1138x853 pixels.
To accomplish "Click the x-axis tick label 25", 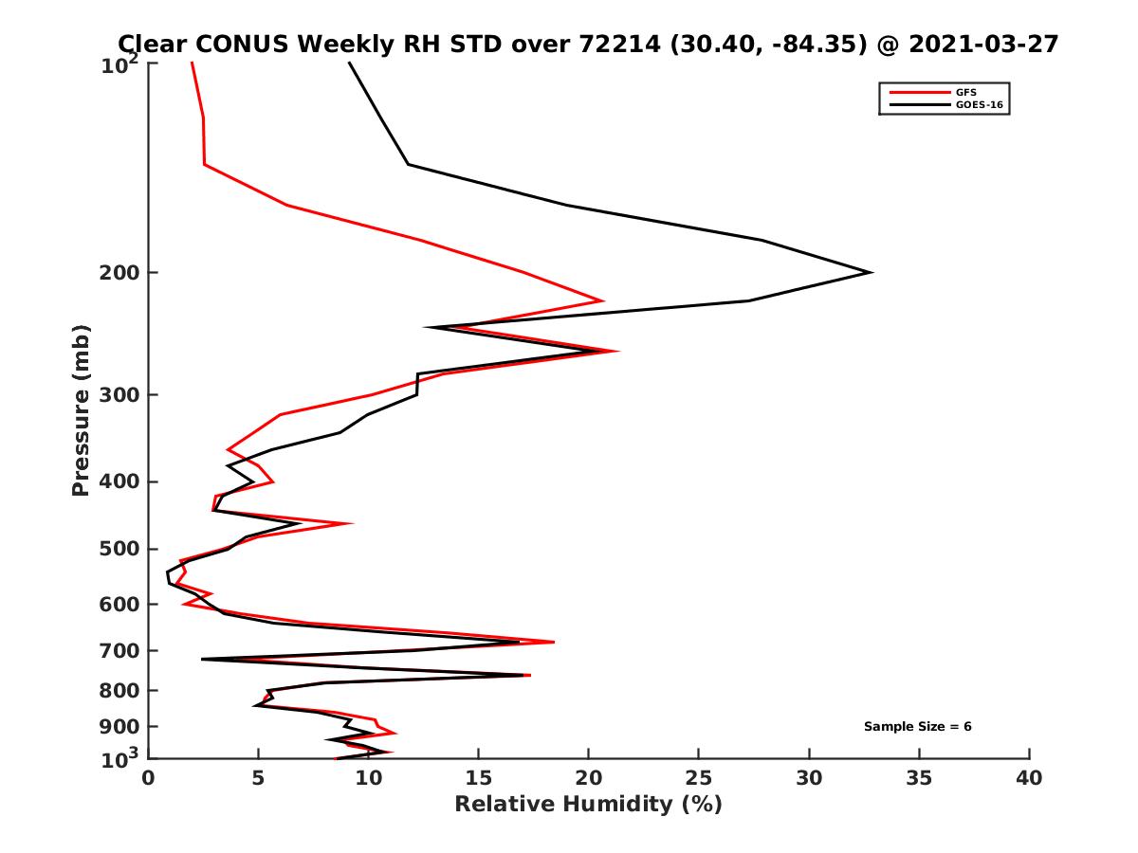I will click(699, 778).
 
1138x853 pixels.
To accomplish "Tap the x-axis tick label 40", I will click(1029, 778).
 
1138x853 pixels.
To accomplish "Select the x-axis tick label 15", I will click(479, 778).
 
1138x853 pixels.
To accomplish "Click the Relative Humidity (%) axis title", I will click(588, 805).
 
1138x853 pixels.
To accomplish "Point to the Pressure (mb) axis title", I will click(81, 409).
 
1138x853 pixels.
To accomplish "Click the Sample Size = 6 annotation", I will click(917, 727).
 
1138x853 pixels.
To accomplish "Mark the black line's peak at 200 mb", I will click(871, 273).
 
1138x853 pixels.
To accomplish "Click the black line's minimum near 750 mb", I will click(203, 660).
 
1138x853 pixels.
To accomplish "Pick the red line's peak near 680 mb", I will click(554, 642).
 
